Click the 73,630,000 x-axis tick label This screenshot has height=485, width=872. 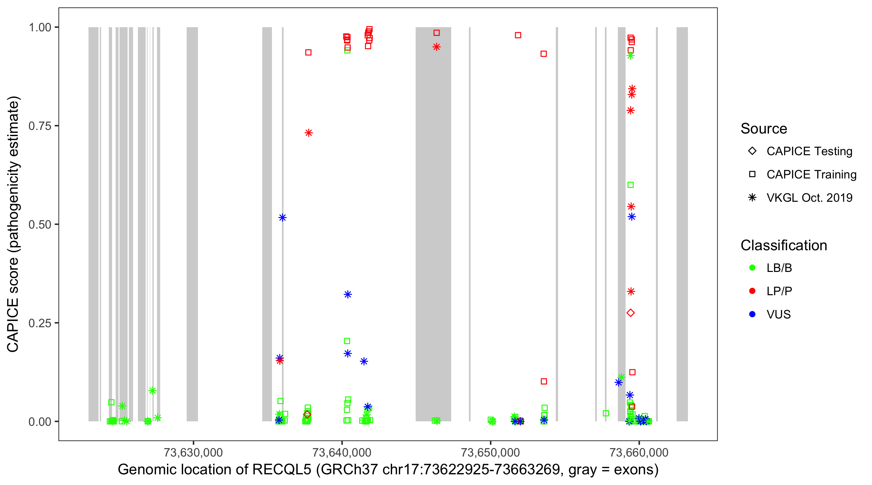[x=193, y=452]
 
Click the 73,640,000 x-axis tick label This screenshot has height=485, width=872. [x=342, y=452]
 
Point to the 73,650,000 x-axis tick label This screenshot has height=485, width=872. [x=490, y=452]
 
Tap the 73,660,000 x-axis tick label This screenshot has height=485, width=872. [x=639, y=452]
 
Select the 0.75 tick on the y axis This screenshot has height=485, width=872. [x=40, y=126]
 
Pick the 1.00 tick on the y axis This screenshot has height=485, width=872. [x=40, y=27]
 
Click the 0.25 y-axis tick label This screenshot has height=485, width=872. [x=40, y=323]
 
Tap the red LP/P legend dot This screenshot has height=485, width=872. [x=752, y=291]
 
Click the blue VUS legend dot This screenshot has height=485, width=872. [x=752, y=314]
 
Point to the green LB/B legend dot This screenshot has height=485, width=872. [x=752, y=268]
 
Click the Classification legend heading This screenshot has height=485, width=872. [x=783, y=245]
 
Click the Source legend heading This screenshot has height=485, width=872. [x=764, y=128]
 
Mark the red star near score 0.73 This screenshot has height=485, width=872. [x=308, y=133]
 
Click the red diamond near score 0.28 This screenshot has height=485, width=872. [x=630, y=313]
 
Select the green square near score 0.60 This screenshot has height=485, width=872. [x=630, y=185]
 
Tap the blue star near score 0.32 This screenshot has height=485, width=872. [x=348, y=294]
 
